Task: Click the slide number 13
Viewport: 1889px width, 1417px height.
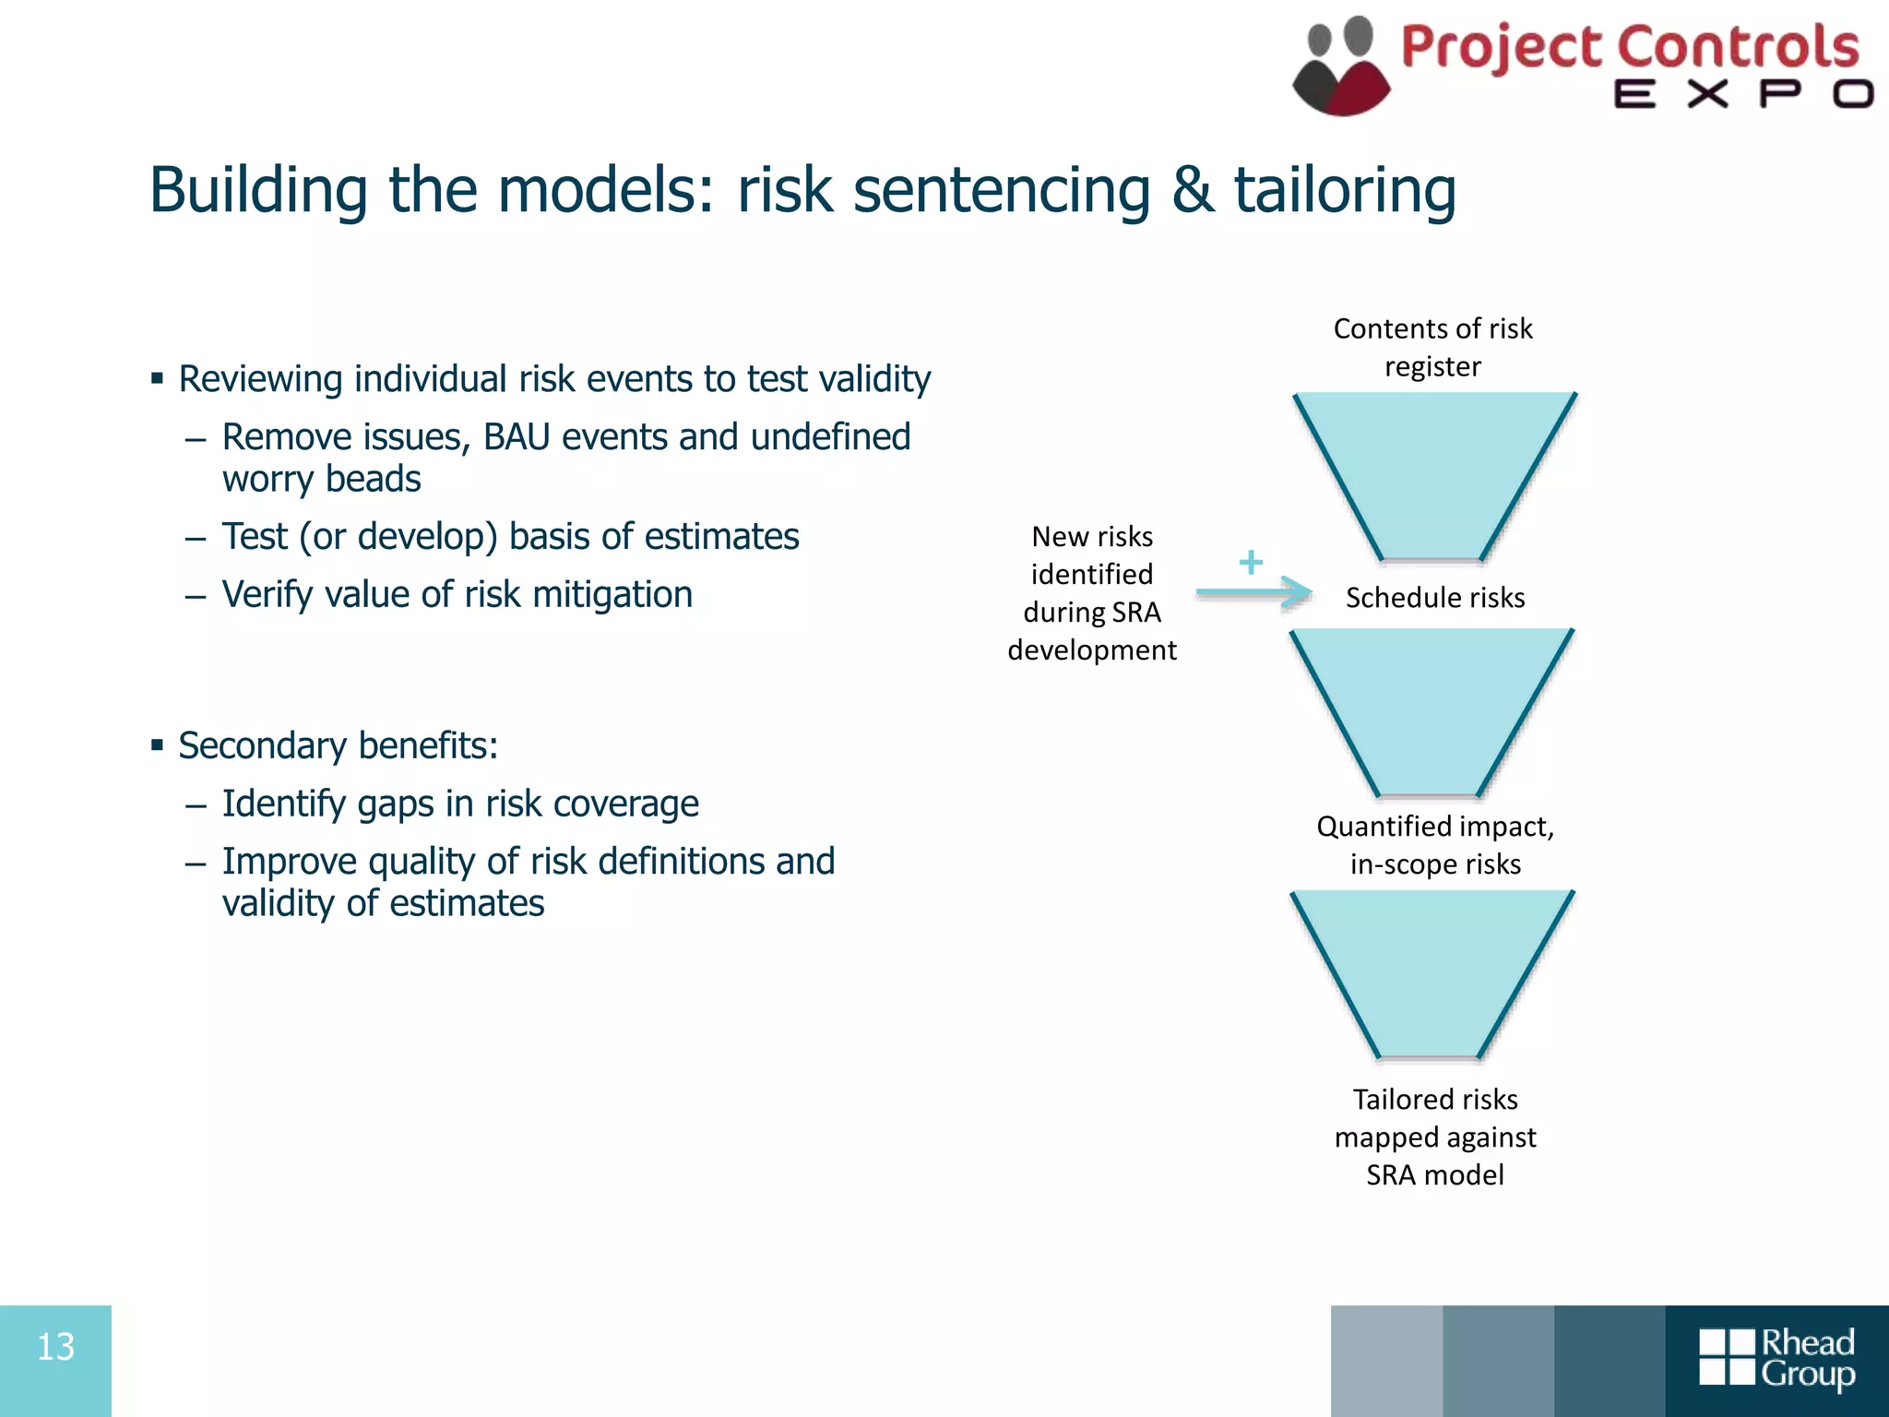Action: pos(55,1348)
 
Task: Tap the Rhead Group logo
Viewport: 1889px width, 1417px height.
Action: pos(1776,1358)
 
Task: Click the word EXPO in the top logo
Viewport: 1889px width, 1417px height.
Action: pos(1742,94)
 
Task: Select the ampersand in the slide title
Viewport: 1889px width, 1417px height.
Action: pos(1193,190)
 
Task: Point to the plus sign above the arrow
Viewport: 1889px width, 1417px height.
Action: pos(1251,562)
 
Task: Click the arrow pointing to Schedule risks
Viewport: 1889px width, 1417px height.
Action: pos(1254,592)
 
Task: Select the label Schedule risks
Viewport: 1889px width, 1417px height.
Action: pos(1434,598)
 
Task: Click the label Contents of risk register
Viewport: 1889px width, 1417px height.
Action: pos(1432,348)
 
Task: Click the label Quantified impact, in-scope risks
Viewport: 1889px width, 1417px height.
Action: pos(1435,845)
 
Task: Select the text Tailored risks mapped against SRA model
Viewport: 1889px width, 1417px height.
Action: pos(1435,1137)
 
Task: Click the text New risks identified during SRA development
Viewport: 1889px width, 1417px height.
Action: pos(1092,593)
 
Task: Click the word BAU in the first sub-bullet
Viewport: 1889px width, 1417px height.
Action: pos(516,437)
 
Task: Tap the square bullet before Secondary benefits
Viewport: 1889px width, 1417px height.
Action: pos(158,744)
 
